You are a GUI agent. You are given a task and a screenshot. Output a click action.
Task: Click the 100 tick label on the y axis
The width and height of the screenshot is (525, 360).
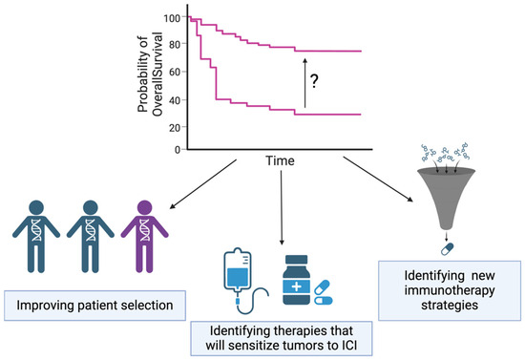click(x=172, y=18)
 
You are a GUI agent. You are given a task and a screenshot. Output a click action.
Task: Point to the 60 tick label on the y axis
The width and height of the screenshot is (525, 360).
click(x=175, y=72)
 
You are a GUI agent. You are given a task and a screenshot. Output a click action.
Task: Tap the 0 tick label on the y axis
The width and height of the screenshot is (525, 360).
click(x=178, y=150)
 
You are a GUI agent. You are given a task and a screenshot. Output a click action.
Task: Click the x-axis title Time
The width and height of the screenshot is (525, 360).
click(x=280, y=160)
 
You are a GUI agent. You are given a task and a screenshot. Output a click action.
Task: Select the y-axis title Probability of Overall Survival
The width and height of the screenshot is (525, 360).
click(x=150, y=74)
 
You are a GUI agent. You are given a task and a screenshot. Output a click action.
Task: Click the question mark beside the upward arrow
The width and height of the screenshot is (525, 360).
click(x=314, y=81)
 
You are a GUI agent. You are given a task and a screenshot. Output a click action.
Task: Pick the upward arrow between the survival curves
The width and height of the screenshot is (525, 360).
click(x=304, y=83)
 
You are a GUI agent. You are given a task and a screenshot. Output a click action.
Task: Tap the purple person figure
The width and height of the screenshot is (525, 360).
click(x=145, y=237)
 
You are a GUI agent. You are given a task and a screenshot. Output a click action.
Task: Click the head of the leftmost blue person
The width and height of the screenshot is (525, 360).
click(x=36, y=207)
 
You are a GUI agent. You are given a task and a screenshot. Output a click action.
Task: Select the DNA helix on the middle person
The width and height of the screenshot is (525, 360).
click(x=91, y=230)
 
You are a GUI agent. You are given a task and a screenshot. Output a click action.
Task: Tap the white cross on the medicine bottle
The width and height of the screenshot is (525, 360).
click(x=296, y=286)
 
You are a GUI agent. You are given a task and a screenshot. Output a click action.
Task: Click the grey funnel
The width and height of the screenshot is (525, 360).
click(x=447, y=199)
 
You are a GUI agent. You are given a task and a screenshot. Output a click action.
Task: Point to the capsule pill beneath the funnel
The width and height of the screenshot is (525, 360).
click(x=447, y=249)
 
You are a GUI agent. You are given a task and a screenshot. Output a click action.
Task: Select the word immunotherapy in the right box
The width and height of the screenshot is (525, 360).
click(x=450, y=290)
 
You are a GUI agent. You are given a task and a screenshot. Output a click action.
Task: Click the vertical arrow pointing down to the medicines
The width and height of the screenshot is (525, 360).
click(x=282, y=207)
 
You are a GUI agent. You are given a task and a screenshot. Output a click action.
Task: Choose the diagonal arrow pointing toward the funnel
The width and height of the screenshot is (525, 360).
click(x=378, y=180)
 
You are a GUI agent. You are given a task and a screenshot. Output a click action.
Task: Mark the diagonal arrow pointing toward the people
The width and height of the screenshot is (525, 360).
click(x=203, y=184)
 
